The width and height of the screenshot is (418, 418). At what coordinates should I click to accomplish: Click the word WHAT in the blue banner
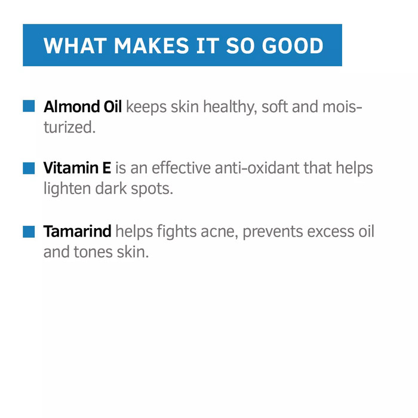coord(75,45)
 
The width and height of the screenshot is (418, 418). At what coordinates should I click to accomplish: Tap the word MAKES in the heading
coord(152,45)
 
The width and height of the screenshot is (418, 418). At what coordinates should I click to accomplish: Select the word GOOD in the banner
coord(293,45)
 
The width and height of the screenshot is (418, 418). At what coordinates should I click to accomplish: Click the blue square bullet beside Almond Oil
coord(29,106)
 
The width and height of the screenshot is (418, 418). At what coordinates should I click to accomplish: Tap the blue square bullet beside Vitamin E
coord(29,168)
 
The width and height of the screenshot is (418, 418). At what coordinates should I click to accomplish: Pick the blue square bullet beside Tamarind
coord(29,232)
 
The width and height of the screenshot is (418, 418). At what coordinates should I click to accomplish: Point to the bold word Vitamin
coord(71,168)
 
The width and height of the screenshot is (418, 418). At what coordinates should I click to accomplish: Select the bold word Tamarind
coord(77,231)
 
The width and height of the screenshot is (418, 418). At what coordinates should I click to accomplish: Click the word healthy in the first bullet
coord(230,107)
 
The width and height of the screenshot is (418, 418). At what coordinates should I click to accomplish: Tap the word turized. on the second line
coord(70,127)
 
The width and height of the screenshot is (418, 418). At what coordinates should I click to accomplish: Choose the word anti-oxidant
coord(257,168)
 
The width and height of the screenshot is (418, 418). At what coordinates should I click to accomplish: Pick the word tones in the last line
coord(93,252)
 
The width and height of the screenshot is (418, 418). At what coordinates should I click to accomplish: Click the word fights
coord(177,232)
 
